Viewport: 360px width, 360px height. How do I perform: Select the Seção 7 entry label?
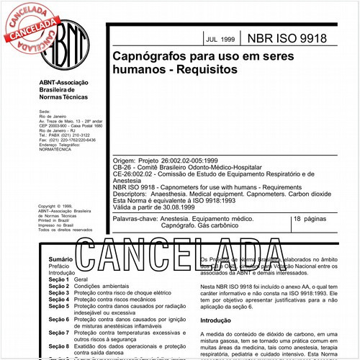tap(58, 333)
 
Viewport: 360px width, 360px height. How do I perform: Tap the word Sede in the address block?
tap(45, 112)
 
